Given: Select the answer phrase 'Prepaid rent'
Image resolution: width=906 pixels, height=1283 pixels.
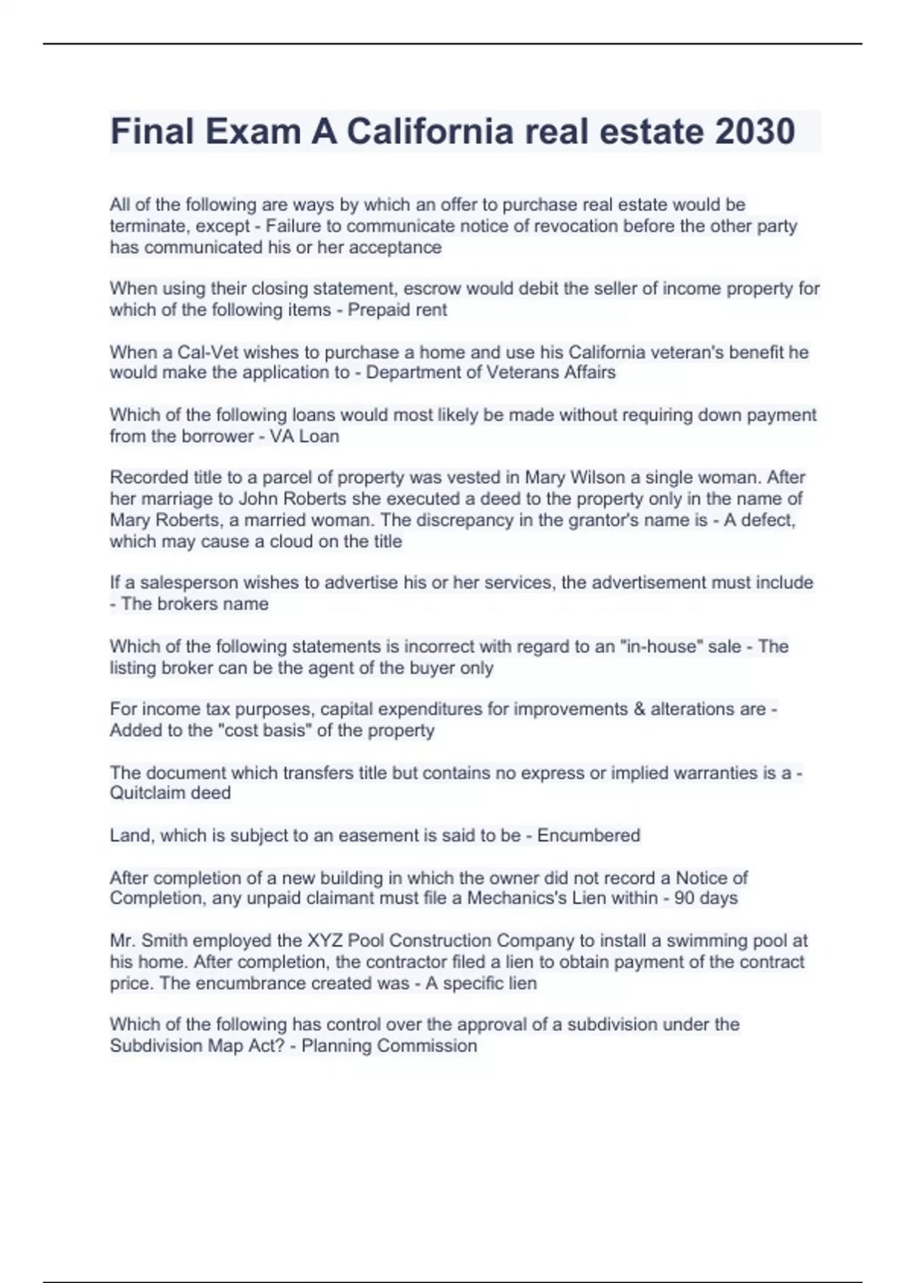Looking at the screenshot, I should [397, 309].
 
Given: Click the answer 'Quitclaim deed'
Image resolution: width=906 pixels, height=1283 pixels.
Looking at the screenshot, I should [170, 793].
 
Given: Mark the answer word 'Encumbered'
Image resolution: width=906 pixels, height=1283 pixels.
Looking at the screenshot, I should [588, 835].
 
